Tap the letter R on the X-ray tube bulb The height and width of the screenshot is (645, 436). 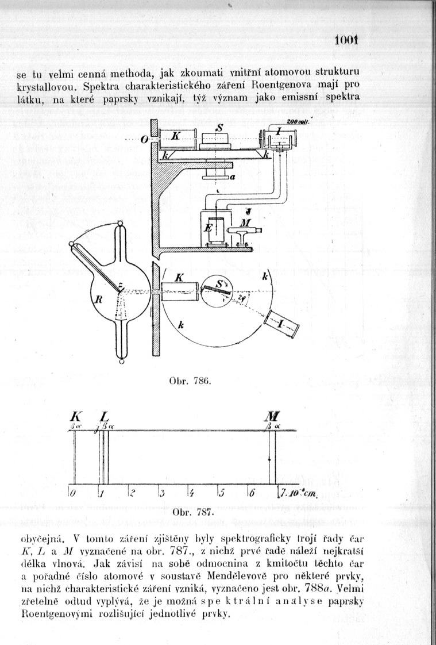pyautogui.click(x=99, y=300)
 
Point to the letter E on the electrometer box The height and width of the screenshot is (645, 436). pyautogui.click(x=208, y=228)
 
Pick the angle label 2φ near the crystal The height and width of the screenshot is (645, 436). pyautogui.click(x=240, y=300)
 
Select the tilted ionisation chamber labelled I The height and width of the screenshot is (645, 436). pyautogui.click(x=281, y=324)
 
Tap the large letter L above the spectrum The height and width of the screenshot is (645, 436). pyautogui.click(x=104, y=417)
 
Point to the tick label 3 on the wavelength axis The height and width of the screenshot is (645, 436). pyautogui.click(x=162, y=493)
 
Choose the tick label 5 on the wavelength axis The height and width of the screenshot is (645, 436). pyautogui.click(x=221, y=493)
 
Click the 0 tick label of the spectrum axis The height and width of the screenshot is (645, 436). pyautogui.click(x=72, y=493)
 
